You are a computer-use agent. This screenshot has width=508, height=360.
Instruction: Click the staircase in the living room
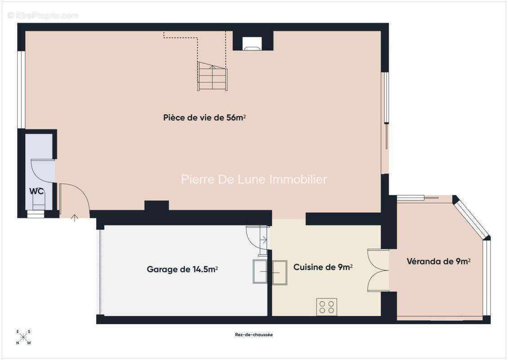pos(212,76)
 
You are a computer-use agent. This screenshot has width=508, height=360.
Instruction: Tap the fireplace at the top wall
pos(252,43)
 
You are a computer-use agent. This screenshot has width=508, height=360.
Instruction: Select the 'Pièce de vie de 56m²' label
pos(204,118)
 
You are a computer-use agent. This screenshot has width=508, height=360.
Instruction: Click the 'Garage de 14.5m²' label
pos(182,270)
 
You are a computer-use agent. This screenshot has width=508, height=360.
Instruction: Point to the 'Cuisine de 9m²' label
pos(323,267)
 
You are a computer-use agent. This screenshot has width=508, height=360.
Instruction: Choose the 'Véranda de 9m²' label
pos(438,261)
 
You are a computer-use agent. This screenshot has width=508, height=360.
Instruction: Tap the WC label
pos(37,191)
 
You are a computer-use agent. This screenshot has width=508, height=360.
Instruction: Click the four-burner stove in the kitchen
pos(327,307)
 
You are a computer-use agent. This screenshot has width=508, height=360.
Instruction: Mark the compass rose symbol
pos(23,337)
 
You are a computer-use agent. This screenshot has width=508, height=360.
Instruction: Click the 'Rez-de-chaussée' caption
pos(254,335)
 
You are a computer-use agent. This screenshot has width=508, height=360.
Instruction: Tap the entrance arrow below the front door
pos(75,218)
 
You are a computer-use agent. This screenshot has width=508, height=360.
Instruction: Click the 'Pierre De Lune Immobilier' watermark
pos(254,180)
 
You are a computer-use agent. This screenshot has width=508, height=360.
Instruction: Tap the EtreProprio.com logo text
pos(44,16)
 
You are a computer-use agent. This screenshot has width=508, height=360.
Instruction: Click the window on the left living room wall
pos(21,90)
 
